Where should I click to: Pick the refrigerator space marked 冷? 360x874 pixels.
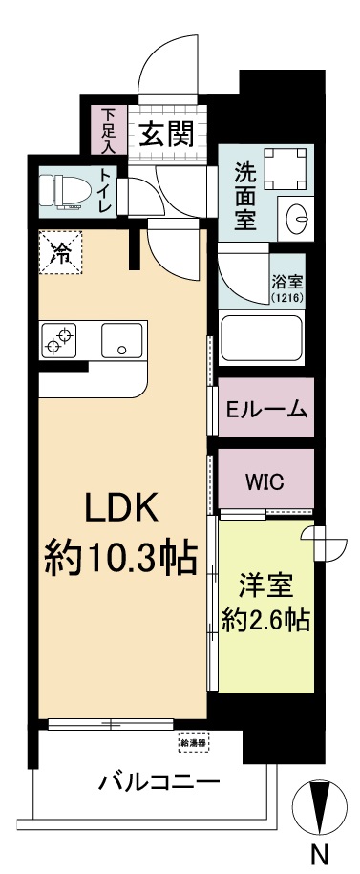60,254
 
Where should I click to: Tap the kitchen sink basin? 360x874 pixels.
122,339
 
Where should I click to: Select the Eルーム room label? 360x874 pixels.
266,410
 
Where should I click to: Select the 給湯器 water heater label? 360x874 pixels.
193,741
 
